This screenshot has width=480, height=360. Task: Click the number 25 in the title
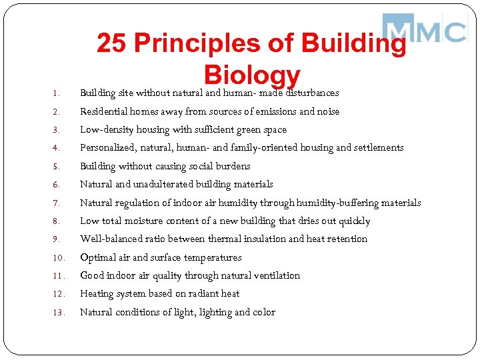tap(111, 44)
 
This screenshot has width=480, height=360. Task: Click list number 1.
tap(57, 94)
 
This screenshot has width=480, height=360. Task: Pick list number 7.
tap(57, 203)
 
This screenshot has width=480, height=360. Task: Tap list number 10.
tap(59, 258)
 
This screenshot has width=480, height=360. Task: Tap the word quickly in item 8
tap(353, 221)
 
